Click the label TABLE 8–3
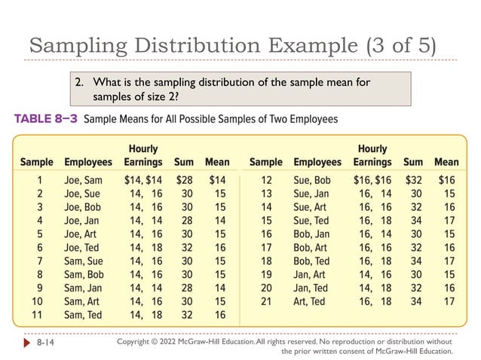pos(44,119)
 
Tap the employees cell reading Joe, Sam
pos(83,180)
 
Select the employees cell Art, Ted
pos(309,301)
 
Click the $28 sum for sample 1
pos(184,180)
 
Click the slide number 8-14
pos(46,343)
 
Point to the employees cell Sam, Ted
pos(83,315)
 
